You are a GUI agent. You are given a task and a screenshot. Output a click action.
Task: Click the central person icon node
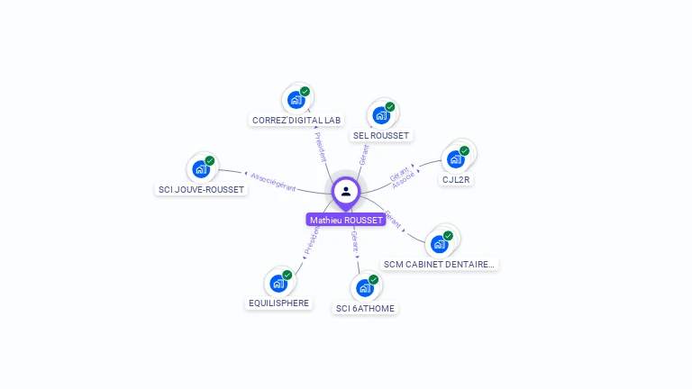(346, 191)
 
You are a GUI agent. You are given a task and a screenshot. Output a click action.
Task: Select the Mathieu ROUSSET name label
(346, 220)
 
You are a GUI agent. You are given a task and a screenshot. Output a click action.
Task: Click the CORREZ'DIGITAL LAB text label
(296, 120)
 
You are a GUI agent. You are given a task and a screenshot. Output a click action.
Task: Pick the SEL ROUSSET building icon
(381, 115)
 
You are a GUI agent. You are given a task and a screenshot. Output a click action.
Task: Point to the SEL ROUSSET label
(381, 136)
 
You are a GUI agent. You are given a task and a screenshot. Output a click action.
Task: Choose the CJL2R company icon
(456, 159)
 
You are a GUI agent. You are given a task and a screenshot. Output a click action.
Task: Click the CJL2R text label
(457, 179)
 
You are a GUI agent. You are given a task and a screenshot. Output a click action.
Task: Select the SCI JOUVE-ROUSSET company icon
(200, 169)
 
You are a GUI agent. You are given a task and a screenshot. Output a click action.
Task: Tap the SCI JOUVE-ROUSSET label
(200, 189)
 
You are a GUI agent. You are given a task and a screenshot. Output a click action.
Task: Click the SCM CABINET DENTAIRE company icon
(440, 243)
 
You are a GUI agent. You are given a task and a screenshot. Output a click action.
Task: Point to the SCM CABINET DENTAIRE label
(439, 264)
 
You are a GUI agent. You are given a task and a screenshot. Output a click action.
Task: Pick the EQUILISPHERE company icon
(278, 284)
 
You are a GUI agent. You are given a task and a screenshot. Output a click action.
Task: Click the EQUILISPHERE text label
(279, 303)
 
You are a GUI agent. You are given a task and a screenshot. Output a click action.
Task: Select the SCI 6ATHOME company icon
(365, 288)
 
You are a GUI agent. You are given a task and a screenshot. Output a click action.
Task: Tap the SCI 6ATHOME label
(365, 308)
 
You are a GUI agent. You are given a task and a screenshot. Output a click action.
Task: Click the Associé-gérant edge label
(273, 181)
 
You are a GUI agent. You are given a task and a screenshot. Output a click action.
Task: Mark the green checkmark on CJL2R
(465, 150)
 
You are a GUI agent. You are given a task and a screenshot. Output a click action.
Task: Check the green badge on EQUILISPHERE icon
(287, 275)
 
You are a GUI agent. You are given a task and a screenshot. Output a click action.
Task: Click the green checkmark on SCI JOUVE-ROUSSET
(210, 160)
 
